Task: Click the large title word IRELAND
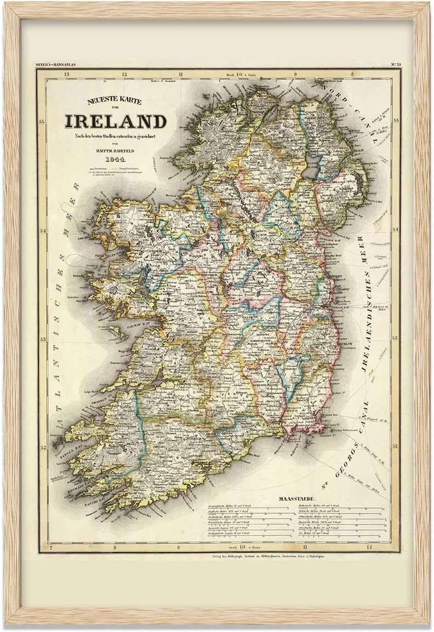click(115, 121)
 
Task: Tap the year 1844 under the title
click(115, 159)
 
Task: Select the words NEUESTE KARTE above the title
click(115, 101)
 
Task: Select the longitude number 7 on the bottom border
click(50, 547)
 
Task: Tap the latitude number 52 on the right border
click(395, 446)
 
